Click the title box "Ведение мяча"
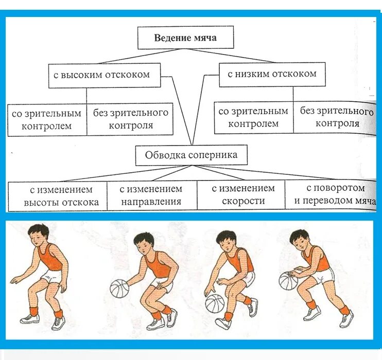(185, 38)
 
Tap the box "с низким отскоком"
(272, 74)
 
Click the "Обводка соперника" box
(191, 155)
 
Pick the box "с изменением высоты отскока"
(57, 195)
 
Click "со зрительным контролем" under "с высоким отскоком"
(47, 120)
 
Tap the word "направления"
(151, 202)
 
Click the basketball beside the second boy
(119, 289)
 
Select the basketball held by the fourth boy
(289, 281)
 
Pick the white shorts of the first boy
(51, 278)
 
